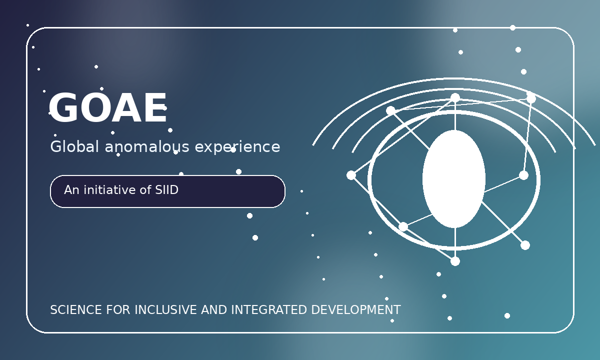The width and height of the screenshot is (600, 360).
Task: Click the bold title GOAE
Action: (108, 107)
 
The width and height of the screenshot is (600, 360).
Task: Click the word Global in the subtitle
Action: (74, 146)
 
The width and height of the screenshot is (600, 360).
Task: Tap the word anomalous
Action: (147, 147)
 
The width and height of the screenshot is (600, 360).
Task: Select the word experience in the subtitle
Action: (237, 147)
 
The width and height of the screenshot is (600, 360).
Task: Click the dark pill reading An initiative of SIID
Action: (167, 191)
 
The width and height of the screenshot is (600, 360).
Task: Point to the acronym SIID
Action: (166, 190)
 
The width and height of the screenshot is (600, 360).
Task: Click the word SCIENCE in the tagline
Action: (76, 310)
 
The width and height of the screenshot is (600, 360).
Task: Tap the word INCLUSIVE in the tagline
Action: (166, 310)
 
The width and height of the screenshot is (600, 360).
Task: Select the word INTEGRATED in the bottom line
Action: (269, 310)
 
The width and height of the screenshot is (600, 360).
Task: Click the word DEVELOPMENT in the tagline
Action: (356, 310)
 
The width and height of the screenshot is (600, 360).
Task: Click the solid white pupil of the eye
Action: (454, 179)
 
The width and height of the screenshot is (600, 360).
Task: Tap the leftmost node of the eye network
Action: (351, 175)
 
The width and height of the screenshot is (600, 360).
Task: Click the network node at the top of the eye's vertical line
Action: (455, 98)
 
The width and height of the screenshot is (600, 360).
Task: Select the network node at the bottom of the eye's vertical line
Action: (455, 261)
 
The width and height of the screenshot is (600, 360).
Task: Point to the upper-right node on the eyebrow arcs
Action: (531, 98)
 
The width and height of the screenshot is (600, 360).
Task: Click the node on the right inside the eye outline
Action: (523, 175)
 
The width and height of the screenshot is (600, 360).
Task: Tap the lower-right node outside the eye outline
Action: (525, 245)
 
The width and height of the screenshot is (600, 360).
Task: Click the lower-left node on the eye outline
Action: (403, 227)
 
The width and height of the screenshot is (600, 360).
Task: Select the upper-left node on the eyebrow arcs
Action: (391, 110)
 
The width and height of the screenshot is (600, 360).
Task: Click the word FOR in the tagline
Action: (118, 310)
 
